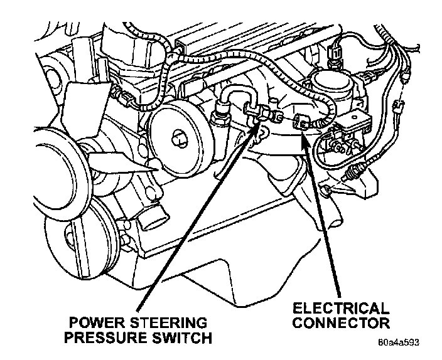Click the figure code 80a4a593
tap(398, 343)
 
